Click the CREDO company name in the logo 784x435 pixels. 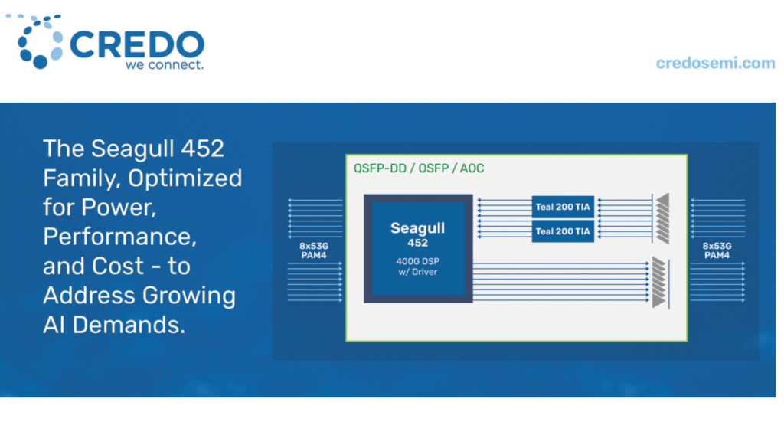(137, 44)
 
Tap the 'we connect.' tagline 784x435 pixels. (165, 64)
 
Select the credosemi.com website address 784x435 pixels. (716, 63)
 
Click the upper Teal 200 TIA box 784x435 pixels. (563, 207)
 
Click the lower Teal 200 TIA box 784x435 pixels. (563, 231)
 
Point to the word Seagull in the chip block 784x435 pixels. (417, 228)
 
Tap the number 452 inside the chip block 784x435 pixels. (417, 243)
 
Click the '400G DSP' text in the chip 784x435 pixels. (417, 261)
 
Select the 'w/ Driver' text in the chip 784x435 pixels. (417, 272)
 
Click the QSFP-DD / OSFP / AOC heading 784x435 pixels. (419, 168)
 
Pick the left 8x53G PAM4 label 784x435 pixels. (314, 250)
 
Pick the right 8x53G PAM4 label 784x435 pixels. (717, 250)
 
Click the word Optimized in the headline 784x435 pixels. (185, 178)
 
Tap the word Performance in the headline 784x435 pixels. (119, 237)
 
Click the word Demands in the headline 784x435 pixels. (129, 325)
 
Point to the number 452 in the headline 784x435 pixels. (202, 149)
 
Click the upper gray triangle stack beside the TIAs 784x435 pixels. (663, 218)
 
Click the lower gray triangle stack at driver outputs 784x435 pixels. (659, 283)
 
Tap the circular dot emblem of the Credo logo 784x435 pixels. (37, 41)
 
